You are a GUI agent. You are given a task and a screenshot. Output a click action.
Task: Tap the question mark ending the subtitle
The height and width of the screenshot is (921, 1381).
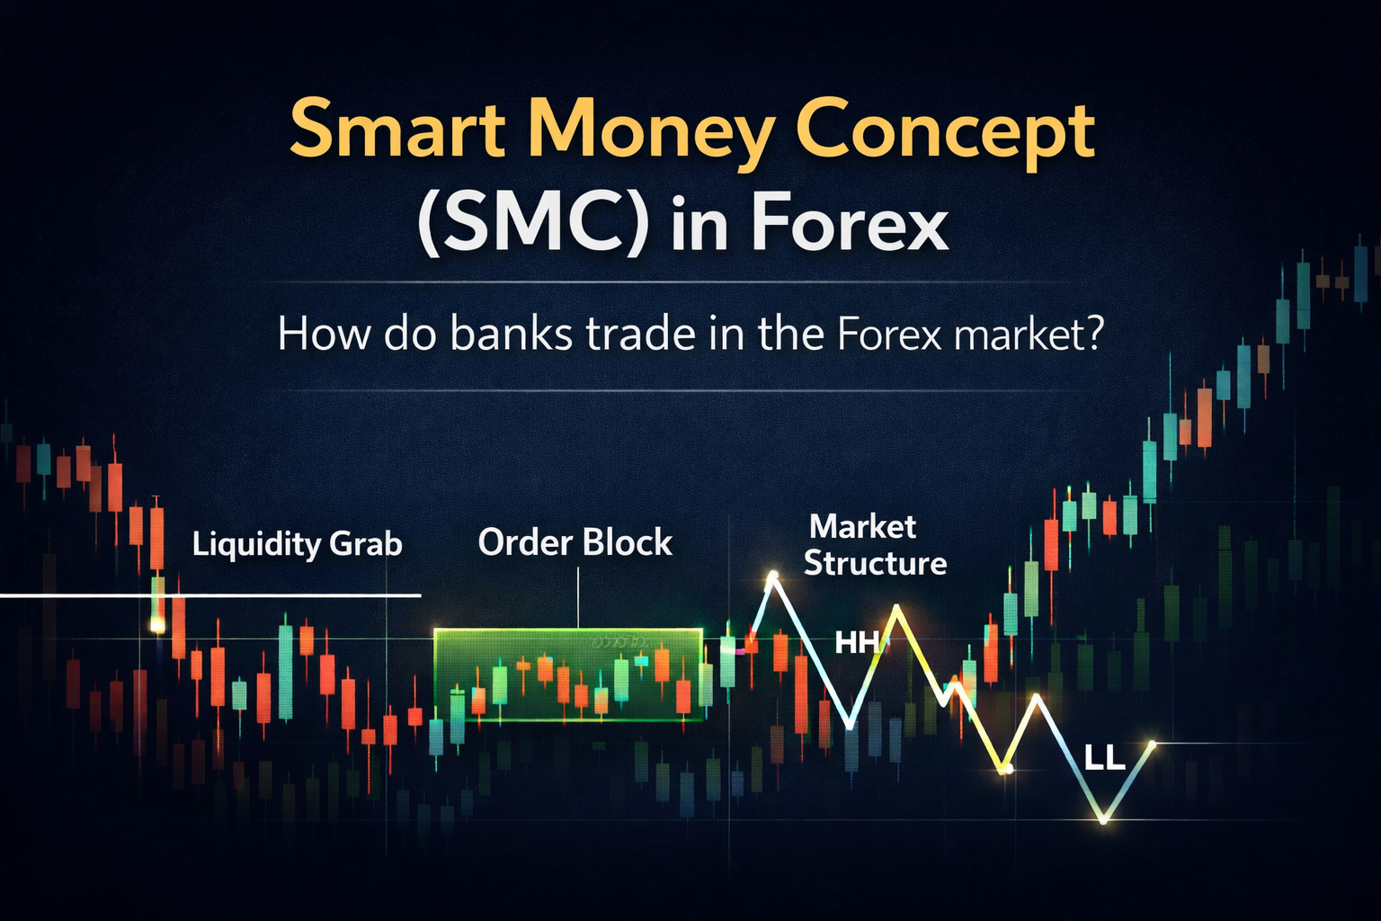pos(1093,335)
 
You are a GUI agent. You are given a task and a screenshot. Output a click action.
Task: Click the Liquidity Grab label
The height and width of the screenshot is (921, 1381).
pos(297,544)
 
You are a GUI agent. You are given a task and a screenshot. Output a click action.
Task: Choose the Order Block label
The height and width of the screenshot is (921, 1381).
pos(575,542)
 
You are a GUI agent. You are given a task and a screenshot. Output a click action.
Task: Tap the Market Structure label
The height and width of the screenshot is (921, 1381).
pos(874,545)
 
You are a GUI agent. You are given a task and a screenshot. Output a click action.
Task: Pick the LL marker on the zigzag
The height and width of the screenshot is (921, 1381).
pos(1104,758)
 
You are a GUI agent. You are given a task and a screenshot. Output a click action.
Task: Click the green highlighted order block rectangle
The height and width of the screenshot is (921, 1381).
pos(567,675)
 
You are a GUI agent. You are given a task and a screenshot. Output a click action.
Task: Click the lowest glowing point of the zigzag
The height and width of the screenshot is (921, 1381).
pos(1104,819)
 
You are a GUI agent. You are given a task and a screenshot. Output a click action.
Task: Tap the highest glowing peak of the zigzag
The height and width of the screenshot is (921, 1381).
pos(771,575)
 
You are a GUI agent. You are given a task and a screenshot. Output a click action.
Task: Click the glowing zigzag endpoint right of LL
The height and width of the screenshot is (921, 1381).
pos(1153,743)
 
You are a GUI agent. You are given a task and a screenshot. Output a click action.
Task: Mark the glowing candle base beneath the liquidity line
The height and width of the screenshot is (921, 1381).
pos(157,624)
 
